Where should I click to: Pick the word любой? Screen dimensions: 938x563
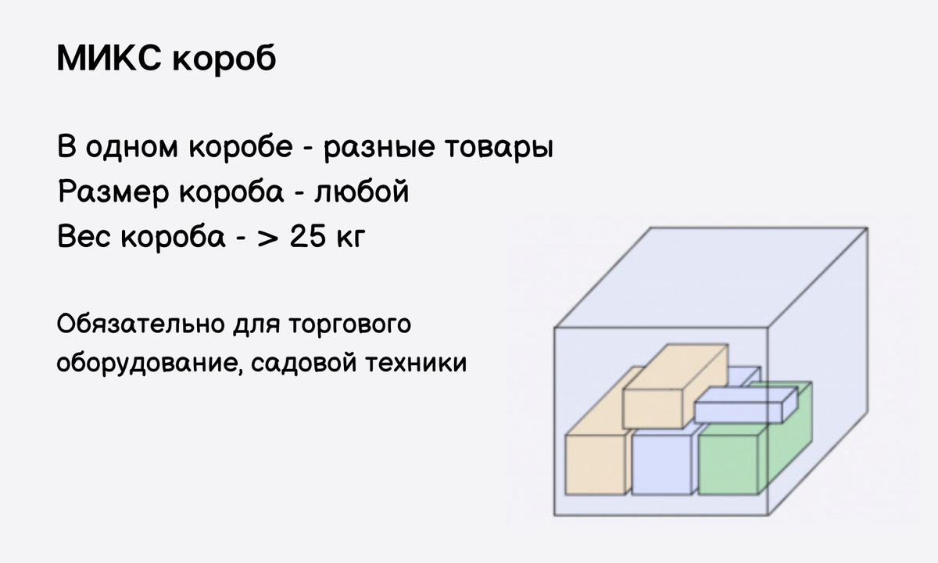click(x=360, y=191)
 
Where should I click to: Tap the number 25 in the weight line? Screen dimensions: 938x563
click(x=311, y=235)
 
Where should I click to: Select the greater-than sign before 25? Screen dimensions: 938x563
click(x=267, y=236)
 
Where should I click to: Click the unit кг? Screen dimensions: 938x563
click(x=350, y=237)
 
